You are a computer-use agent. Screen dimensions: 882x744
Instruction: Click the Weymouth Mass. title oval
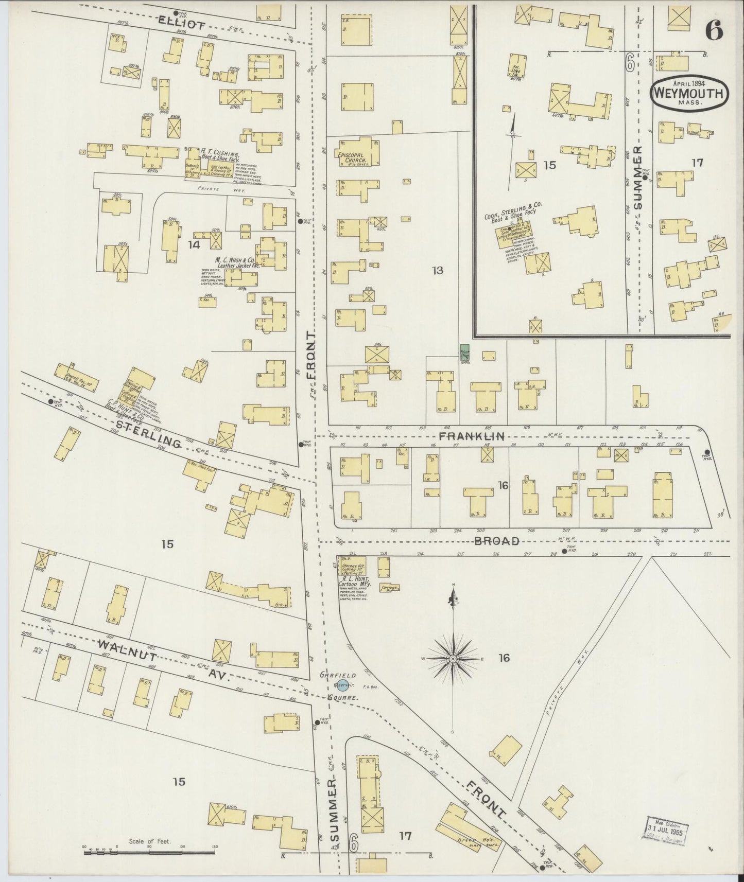[x=690, y=94]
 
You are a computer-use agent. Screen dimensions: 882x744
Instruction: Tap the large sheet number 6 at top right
[x=714, y=31]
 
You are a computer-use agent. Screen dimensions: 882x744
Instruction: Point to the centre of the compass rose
[x=452, y=659]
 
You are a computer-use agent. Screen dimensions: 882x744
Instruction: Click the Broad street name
[x=496, y=541]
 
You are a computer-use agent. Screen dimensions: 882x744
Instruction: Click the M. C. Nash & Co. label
[x=235, y=261]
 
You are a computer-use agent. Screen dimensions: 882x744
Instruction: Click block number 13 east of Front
[x=438, y=270]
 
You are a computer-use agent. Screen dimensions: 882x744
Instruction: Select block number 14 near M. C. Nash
[x=194, y=245]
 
